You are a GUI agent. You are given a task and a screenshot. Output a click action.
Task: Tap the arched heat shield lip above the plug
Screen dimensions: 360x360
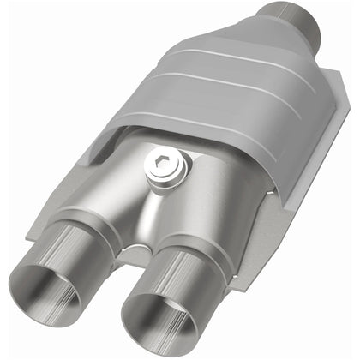[x=171, y=133]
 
